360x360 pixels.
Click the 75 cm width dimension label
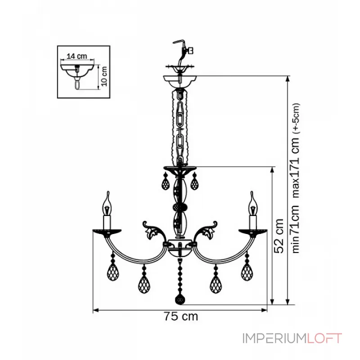point(181,316)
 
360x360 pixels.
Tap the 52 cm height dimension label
point(279,236)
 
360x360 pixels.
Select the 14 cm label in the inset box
point(76,56)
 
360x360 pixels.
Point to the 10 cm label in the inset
point(104,76)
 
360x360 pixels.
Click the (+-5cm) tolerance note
point(296,118)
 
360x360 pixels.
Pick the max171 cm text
point(296,168)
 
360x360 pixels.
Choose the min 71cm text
point(296,229)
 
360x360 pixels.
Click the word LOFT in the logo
point(324,338)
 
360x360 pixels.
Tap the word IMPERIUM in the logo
point(275,338)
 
